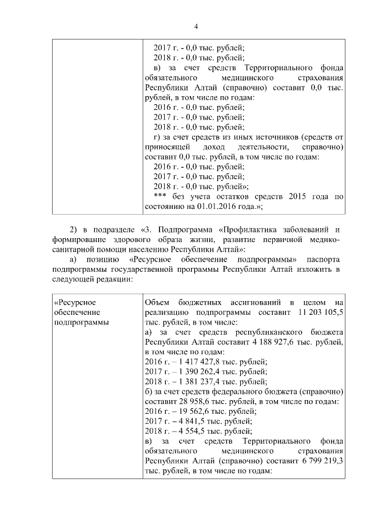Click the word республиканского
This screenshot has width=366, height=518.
(272, 332)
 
